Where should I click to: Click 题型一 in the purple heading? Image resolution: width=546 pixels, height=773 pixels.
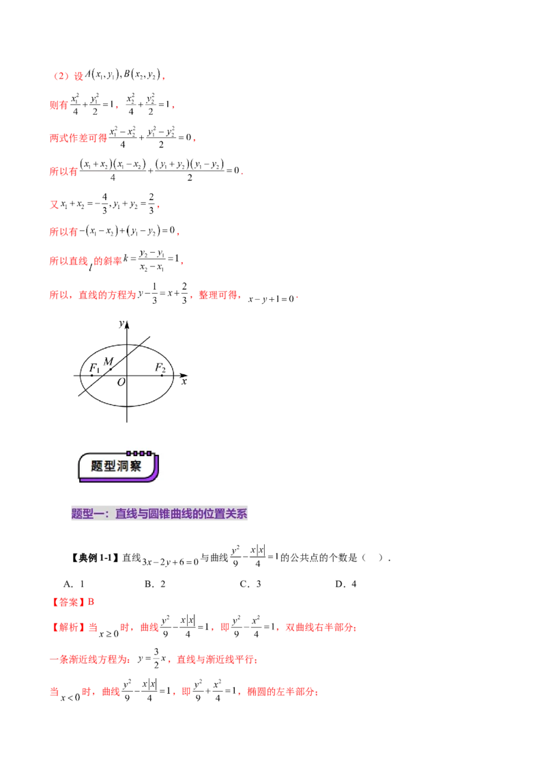[x=87, y=514]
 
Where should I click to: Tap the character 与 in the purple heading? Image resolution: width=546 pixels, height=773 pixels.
[x=143, y=514]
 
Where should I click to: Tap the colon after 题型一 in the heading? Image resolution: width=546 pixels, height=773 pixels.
[x=107, y=514]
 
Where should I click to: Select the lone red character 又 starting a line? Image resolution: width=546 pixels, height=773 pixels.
[x=54, y=203]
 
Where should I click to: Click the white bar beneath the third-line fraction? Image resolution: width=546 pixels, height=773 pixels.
[x=177, y=144]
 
